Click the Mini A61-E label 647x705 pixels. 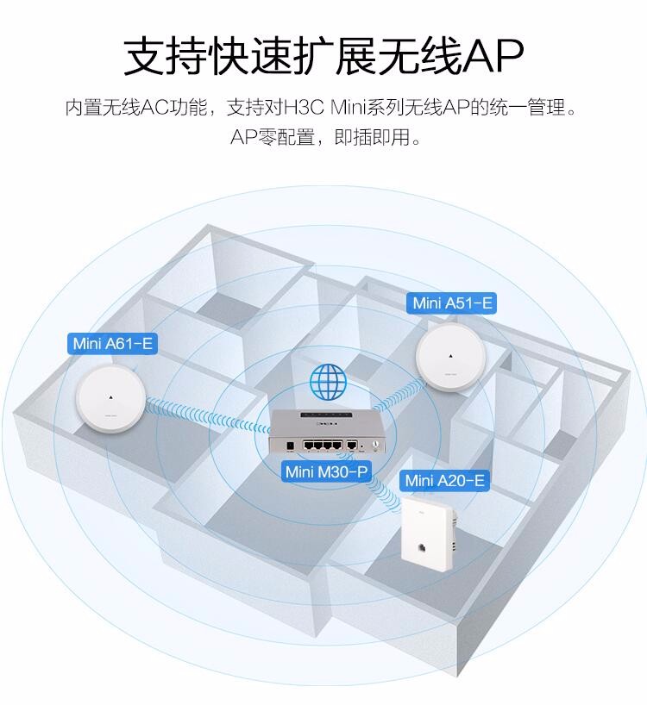coord(112,344)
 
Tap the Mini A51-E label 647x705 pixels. coord(452,303)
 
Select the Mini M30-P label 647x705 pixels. coord(327,471)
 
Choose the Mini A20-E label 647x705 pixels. coord(444,481)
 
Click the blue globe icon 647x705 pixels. coord(329,382)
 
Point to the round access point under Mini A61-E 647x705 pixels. coord(110,399)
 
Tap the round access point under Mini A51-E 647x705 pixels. coord(451,357)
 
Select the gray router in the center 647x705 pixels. coord(327,431)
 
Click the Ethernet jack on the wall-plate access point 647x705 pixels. coord(423,547)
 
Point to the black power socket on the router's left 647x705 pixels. coord(290,446)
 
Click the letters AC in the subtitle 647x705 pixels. coord(154,108)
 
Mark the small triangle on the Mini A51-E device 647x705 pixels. coord(451,356)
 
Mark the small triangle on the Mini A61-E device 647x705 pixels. coord(110,397)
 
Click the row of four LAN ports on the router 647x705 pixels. coord(323,445)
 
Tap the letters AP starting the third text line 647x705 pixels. coord(243,137)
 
